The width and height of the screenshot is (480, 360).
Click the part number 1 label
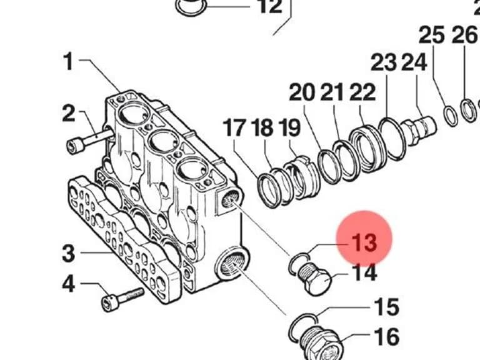click(x=69, y=61)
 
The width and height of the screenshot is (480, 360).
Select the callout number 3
click(x=68, y=253)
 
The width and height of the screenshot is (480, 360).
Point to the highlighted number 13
click(x=364, y=242)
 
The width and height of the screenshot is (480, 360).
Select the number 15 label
click(x=387, y=306)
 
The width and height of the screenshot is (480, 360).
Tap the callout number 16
click(x=387, y=336)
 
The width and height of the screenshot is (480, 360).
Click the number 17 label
click(x=234, y=127)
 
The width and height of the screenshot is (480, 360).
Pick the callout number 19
click(x=289, y=127)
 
